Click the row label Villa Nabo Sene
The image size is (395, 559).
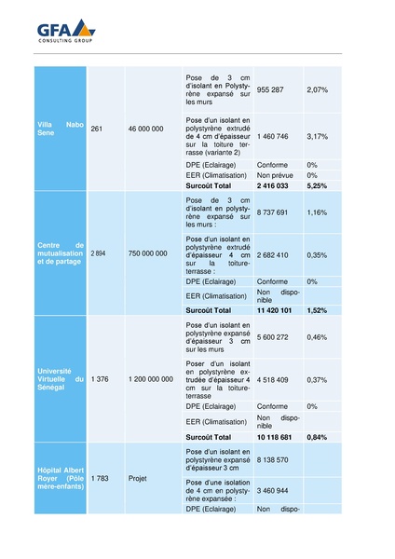coord(60,129)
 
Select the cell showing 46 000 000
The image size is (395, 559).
coord(145,129)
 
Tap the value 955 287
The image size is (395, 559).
coord(270,89)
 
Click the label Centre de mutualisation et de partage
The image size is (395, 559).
coord(60,252)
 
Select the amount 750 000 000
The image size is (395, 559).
coord(148,252)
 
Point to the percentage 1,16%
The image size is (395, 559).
coord(318,212)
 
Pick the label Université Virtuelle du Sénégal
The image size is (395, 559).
coord(60,378)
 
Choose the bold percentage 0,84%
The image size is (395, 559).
coord(318,436)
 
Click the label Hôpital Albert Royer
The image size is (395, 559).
coord(60,477)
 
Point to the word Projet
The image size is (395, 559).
coord(138,478)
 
